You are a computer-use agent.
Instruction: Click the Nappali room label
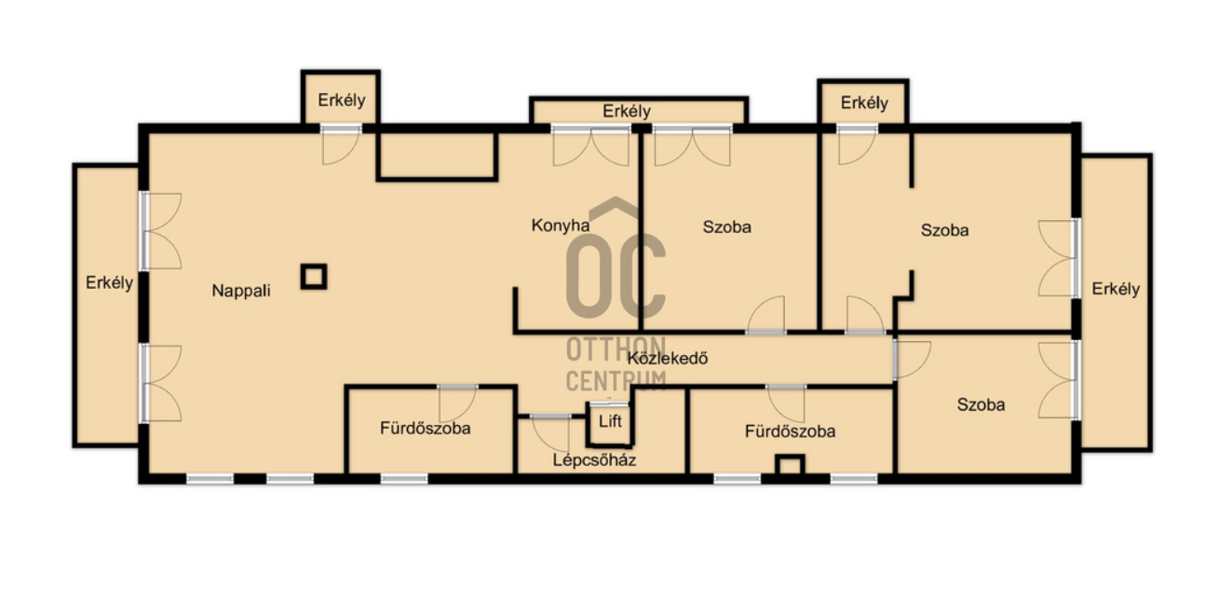[x=241, y=291]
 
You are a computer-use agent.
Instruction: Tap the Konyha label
[x=560, y=226]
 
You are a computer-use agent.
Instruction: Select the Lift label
[x=610, y=421]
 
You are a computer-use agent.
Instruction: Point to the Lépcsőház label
[x=594, y=459]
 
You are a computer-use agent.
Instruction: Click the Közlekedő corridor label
[x=668, y=359]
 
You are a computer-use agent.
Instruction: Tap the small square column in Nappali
[x=314, y=277]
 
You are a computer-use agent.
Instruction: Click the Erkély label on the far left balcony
[x=109, y=283]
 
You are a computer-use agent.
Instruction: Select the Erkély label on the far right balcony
[x=1116, y=289]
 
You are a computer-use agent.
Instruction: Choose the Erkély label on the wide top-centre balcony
[x=627, y=111]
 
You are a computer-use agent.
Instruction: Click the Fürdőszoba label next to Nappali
[x=426, y=429]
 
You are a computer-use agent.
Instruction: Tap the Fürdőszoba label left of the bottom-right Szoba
[x=791, y=431]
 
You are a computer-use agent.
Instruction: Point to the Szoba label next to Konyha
[x=726, y=226]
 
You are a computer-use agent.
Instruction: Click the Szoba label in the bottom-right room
[x=981, y=405]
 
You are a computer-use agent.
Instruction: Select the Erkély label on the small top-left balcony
[x=341, y=100]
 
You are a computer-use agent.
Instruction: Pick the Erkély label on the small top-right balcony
[x=864, y=103]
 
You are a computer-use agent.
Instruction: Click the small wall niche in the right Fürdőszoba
[x=790, y=465]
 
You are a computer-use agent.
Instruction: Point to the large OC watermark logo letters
[x=616, y=275]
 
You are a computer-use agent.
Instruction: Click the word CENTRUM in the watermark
[x=616, y=381]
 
